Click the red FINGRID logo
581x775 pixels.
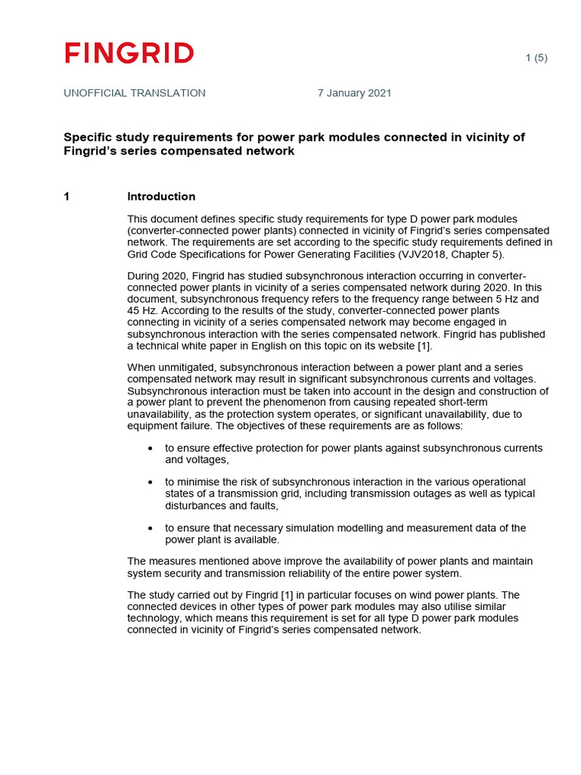pos(129,53)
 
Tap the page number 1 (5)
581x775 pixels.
pos(536,58)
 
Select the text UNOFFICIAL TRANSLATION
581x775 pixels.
pos(135,93)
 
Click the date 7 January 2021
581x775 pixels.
pos(354,93)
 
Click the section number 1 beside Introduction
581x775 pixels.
pos(67,197)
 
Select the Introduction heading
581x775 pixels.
pos(161,197)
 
